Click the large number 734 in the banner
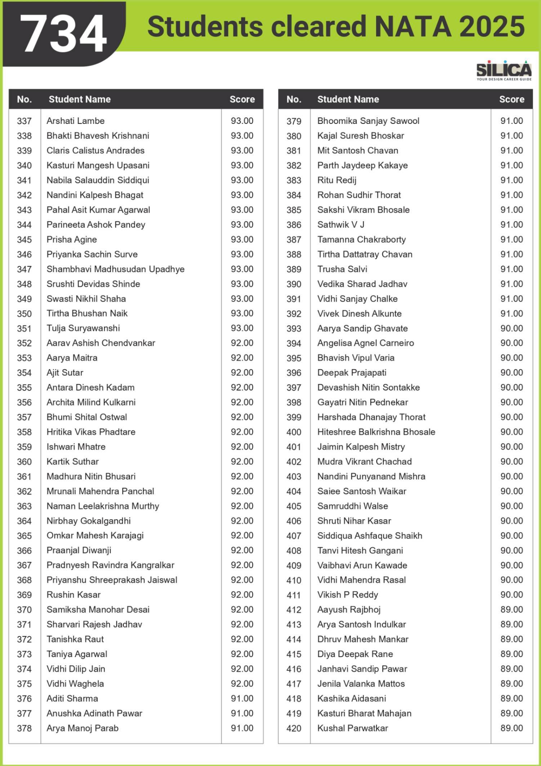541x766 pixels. [x=64, y=35]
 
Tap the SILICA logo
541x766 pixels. [x=504, y=70]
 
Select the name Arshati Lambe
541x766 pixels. [x=75, y=121]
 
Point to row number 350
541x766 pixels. [x=24, y=314]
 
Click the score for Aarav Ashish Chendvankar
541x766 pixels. [x=242, y=343]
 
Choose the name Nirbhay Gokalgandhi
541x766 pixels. [x=89, y=521]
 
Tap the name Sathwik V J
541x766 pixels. [x=340, y=225]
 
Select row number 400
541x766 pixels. [x=294, y=432]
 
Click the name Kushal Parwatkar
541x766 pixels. [x=353, y=728]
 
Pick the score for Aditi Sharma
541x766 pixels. [x=242, y=699]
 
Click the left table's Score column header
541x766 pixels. [x=242, y=99]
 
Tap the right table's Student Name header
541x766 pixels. [x=348, y=99]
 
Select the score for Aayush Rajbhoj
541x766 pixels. [x=511, y=610]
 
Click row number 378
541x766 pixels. [x=24, y=729]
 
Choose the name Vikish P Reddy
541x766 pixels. [x=348, y=595]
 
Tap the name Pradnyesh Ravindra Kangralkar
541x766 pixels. [x=110, y=565]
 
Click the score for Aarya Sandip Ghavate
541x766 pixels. [x=511, y=328]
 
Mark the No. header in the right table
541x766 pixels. [x=294, y=99]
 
